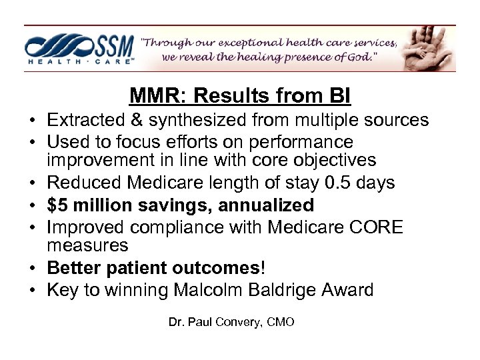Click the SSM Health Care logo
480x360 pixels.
[80, 48]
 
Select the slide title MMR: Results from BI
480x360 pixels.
[240, 97]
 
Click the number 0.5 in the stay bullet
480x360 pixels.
[346, 183]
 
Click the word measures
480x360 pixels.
[87, 245]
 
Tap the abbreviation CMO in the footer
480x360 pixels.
[280, 322]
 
